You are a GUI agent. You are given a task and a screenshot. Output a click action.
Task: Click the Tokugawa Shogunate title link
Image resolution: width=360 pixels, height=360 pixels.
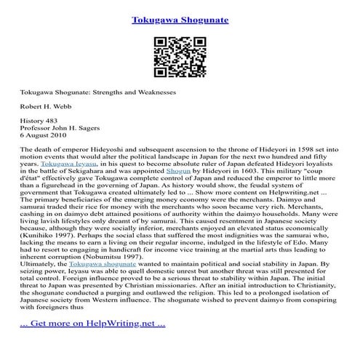tap(180, 20)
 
